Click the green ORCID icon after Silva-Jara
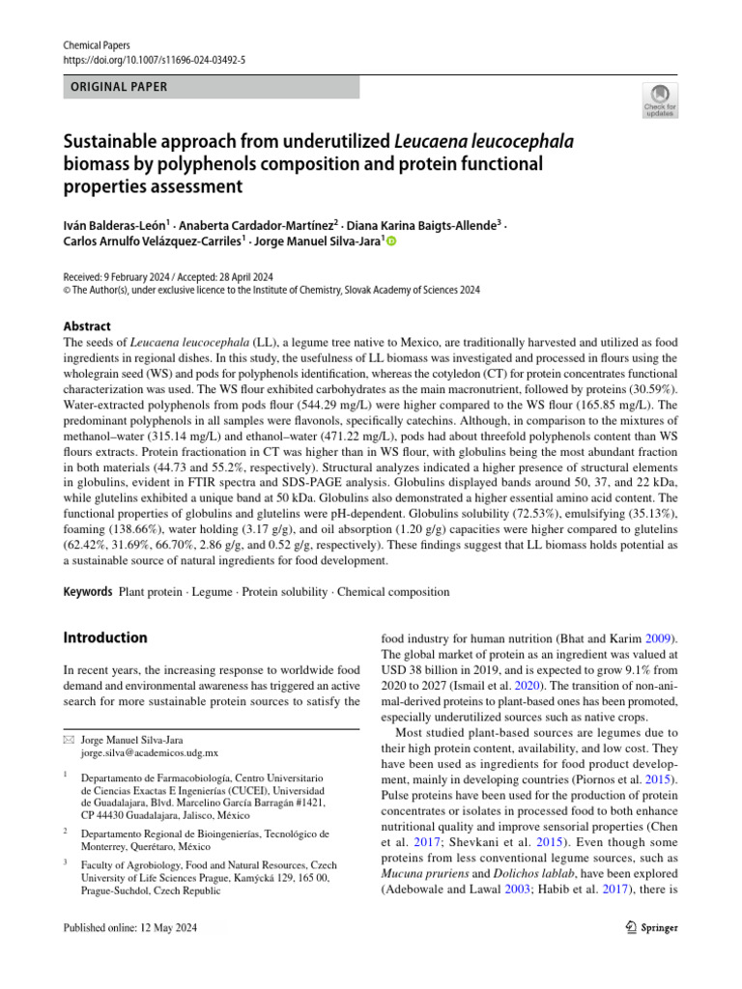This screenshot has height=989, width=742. [391, 242]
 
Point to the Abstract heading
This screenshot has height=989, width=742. [87, 326]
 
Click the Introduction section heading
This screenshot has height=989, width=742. [105, 637]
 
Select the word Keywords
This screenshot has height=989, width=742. [88, 591]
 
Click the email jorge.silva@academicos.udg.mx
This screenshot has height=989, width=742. [150, 752]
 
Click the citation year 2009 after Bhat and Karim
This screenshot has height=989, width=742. [661, 639]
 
